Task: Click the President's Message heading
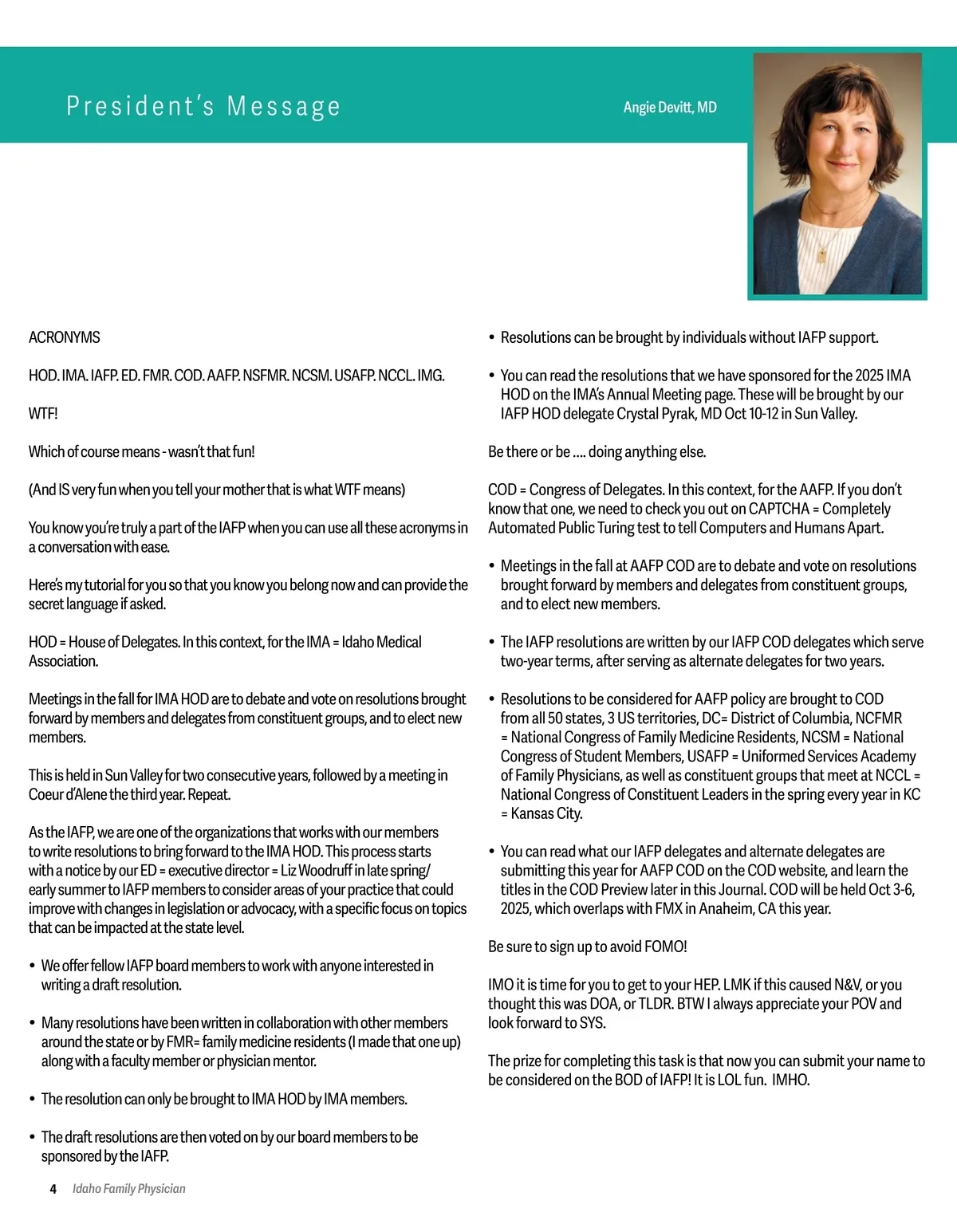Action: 203,106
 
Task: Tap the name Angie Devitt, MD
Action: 670,108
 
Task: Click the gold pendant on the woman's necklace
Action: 822,255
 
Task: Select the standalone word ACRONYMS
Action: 65,337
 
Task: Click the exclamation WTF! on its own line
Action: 43,413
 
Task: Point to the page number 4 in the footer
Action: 53,1189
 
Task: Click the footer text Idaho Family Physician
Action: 129,1189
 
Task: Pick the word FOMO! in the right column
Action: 665,947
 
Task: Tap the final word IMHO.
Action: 790,1080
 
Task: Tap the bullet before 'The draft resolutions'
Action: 33,1138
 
